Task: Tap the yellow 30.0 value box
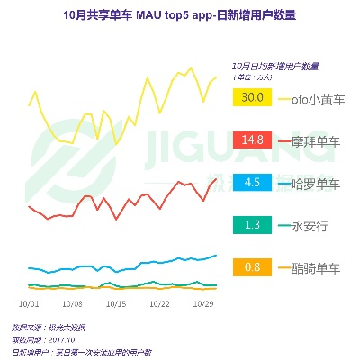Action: click(253, 97)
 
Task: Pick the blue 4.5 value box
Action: click(253, 183)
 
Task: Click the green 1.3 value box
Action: click(253, 225)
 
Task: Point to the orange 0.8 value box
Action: click(253, 267)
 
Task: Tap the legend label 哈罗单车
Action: click(316, 183)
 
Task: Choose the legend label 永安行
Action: click(310, 225)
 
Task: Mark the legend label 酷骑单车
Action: click(316, 267)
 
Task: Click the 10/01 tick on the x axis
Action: click(28, 304)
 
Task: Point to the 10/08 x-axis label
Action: click(72, 304)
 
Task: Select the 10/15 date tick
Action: click(116, 304)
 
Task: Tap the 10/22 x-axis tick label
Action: click(160, 304)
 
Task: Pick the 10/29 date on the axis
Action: click(205, 304)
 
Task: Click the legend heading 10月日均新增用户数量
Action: click(275, 67)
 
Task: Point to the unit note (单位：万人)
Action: click(256, 78)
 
